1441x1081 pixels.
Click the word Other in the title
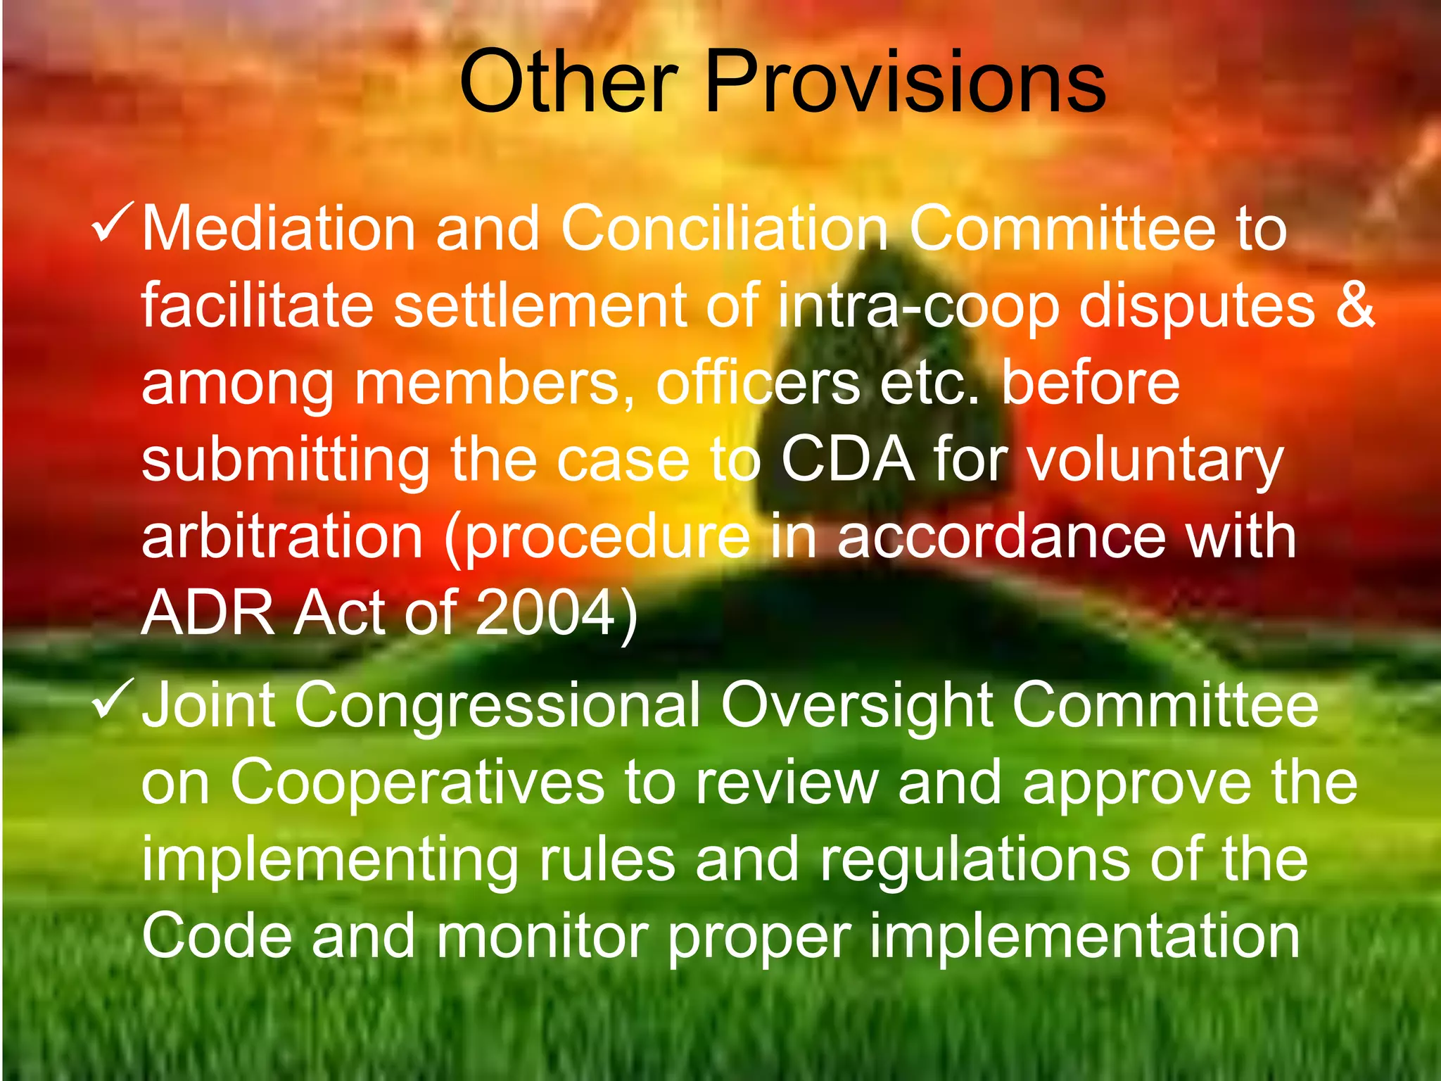tap(569, 82)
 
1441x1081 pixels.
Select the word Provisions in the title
tap(905, 82)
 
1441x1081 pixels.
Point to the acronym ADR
tap(208, 613)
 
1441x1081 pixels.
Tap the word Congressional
tap(497, 707)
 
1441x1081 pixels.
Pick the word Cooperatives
tap(417, 784)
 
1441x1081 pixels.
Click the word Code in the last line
tap(217, 937)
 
